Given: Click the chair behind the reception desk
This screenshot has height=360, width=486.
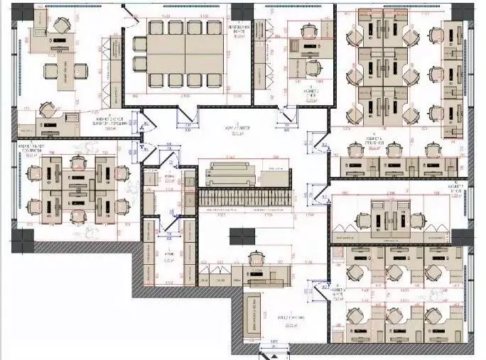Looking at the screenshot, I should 254,258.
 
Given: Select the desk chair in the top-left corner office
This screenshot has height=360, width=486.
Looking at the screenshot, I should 58,26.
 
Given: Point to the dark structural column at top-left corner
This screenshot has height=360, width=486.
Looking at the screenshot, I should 23,11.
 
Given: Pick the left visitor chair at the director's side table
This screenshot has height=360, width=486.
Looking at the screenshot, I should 51,70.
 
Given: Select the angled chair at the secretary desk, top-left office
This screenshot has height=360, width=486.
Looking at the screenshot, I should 47,110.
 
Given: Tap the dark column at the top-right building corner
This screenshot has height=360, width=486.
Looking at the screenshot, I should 465,10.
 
